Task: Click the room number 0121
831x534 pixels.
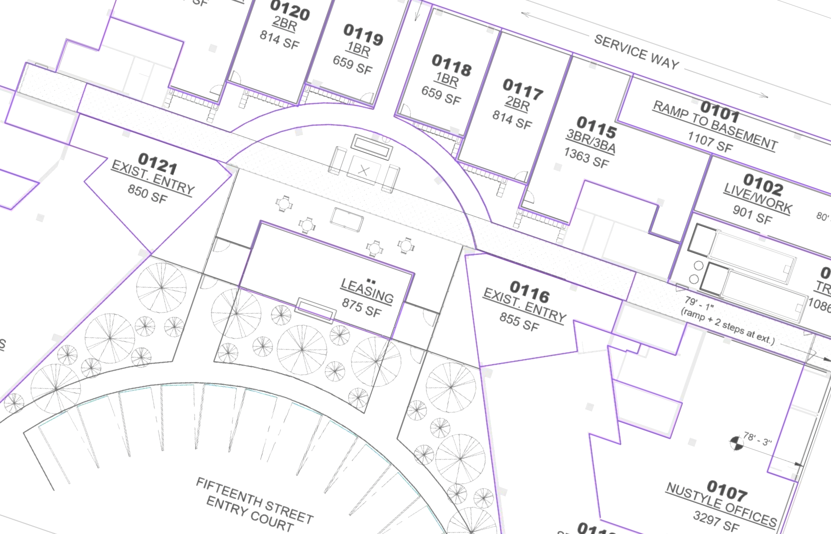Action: click(158, 163)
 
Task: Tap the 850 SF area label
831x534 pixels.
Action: click(148, 193)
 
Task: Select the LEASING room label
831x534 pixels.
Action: click(367, 290)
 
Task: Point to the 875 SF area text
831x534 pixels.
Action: click(361, 308)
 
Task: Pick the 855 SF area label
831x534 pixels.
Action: click(519, 321)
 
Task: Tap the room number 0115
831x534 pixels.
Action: click(596, 127)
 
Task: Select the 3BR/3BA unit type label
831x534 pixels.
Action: click(591, 141)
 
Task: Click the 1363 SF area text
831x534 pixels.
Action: click(587, 158)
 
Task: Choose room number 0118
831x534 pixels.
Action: click(451, 65)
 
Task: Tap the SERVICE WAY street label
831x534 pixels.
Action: click(636, 51)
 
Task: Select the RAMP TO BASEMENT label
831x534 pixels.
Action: click(715, 125)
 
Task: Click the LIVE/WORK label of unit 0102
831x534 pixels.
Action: click(757, 198)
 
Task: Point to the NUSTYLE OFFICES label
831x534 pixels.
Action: click(721, 504)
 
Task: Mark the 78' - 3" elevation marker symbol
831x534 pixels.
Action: click(736, 443)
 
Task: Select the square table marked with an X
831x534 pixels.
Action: click(364, 171)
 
